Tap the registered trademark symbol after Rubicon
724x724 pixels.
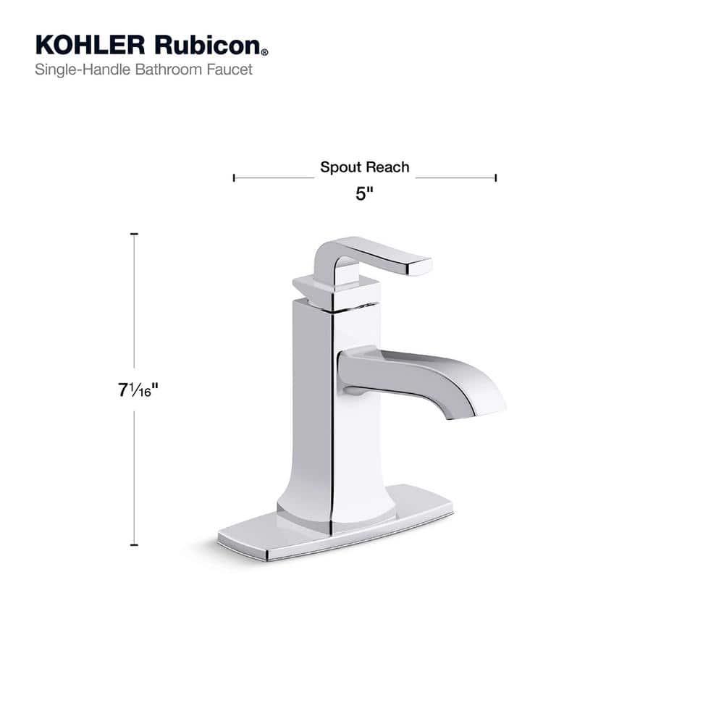[x=265, y=52]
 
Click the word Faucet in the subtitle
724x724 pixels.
[x=232, y=70]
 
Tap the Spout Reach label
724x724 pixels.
[x=365, y=167]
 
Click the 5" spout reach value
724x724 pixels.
[x=364, y=195]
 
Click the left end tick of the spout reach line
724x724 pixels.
[x=234, y=177]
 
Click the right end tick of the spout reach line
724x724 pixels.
[x=496, y=177]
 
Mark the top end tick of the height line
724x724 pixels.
[x=134, y=235]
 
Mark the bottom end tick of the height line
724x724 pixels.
[x=134, y=544]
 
